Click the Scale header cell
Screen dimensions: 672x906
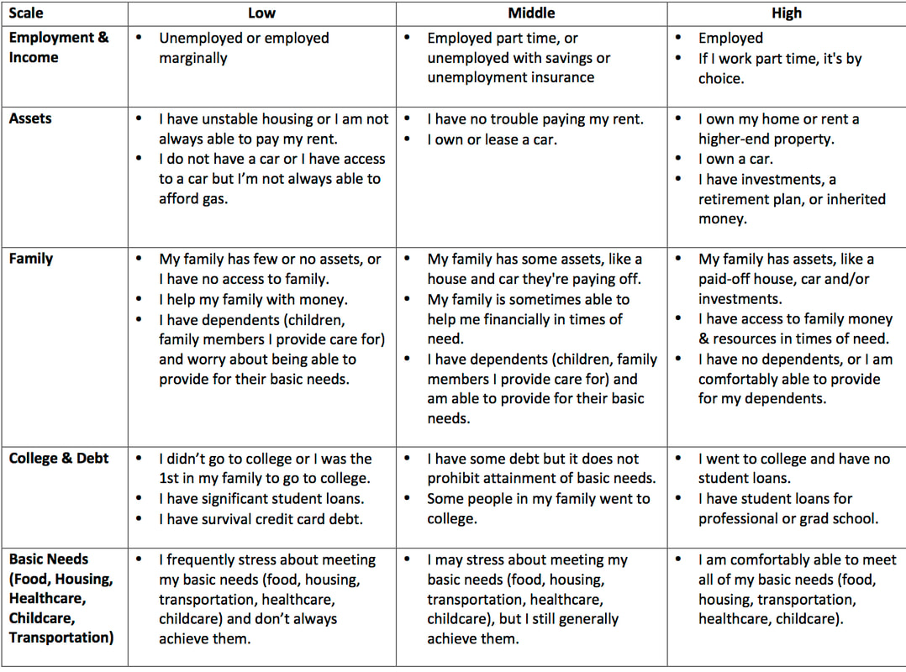click(x=26, y=13)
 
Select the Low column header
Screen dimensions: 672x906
click(x=261, y=13)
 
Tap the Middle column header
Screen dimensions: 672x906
click(x=532, y=13)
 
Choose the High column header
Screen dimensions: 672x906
click(x=787, y=13)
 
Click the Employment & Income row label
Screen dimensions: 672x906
click(x=59, y=48)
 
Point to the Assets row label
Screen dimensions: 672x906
click(x=30, y=118)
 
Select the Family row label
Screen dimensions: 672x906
click(x=31, y=259)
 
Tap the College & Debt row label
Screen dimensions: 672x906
click(x=59, y=459)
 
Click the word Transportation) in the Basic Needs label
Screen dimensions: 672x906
click(x=61, y=637)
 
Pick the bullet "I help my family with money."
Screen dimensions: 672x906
click(x=253, y=299)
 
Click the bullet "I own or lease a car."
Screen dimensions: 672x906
click(x=492, y=139)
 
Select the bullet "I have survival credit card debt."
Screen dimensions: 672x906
click(x=261, y=519)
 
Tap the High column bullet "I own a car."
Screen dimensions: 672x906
click(x=735, y=159)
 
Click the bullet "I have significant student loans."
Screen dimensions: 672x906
click(x=261, y=499)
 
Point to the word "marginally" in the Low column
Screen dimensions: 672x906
click(x=193, y=58)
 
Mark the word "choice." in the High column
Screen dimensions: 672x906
click(x=721, y=78)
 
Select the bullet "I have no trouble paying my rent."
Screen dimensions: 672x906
click(x=535, y=119)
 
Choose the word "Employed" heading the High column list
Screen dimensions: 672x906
click(x=730, y=38)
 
